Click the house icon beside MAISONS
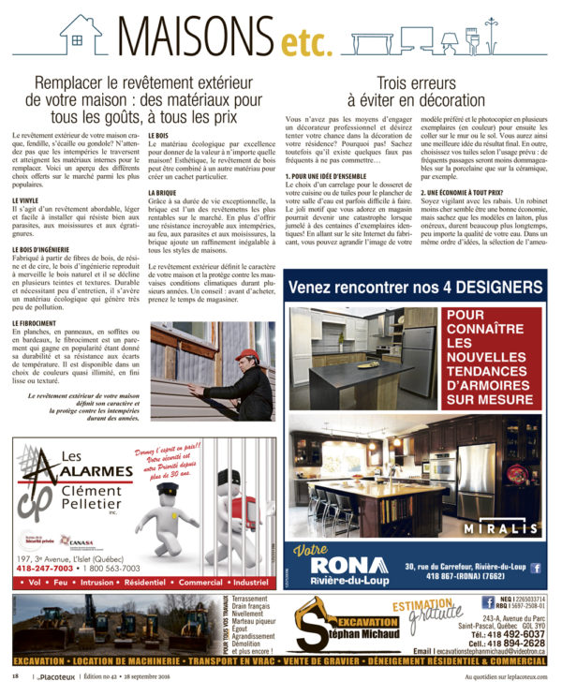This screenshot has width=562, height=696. pyautogui.click(x=81, y=34)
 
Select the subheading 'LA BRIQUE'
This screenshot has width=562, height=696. pyautogui.click(x=164, y=192)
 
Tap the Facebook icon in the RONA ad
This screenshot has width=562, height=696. pyautogui.click(x=536, y=568)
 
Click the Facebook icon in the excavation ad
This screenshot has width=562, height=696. pyautogui.click(x=488, y=601)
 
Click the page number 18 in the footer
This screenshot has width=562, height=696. pyautogui.click(x=15, y=676)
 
